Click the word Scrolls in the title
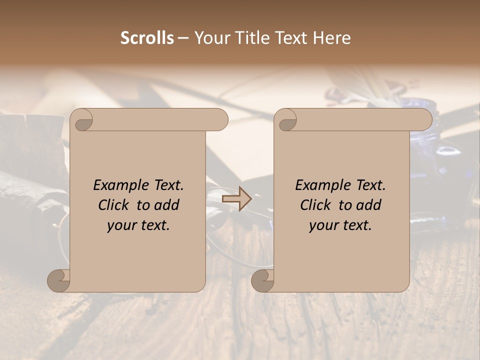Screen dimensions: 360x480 click(147, 38)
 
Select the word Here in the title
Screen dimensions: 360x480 click(332, 38)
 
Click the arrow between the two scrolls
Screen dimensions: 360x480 click(237, 199)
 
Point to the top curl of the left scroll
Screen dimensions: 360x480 click(81, 120)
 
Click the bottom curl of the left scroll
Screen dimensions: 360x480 click(58, 280)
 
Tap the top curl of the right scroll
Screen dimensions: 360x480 click(285, 120)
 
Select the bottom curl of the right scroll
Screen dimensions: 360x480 click(262, 280)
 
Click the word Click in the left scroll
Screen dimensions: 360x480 click(114, 205)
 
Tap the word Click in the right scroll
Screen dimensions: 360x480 click(316, 205)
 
